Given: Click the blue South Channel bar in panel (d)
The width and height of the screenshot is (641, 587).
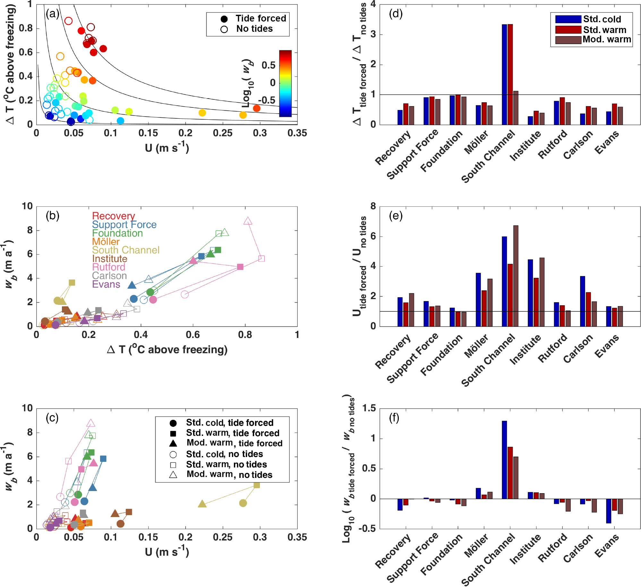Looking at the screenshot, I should click(504, 74).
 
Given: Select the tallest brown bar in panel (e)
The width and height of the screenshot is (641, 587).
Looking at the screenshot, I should click(516, 276).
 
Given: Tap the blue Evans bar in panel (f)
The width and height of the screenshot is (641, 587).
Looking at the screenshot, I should click(609, 511).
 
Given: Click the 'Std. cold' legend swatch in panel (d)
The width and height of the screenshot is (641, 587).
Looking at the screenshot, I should click(568, 19).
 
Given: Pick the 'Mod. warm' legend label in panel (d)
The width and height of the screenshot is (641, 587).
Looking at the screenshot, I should click(607, 39).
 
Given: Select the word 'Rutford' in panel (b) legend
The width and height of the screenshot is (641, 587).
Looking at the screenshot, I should click(108, 267).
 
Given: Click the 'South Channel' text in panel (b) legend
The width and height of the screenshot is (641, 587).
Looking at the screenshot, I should click(125, 250).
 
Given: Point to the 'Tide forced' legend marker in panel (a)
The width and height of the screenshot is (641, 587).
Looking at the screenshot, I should click(224, 19).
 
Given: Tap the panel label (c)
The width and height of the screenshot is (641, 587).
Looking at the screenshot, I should click(52, 418).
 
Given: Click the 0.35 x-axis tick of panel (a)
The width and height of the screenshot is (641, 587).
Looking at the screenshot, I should click(297, 133).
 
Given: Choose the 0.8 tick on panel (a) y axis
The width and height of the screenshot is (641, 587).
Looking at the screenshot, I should click(26, 28).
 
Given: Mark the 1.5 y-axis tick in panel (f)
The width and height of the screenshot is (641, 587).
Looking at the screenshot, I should click(369, 409).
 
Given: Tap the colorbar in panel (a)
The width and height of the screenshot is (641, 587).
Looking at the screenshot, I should click(285, 83).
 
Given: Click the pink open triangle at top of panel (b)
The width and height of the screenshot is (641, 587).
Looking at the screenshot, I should click(248, 221).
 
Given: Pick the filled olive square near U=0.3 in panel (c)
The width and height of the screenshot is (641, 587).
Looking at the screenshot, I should click(257, 485).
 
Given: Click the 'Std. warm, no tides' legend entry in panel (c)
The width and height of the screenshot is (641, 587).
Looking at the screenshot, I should click(226, 464).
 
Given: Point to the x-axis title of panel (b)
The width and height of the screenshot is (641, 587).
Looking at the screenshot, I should click(167, 350).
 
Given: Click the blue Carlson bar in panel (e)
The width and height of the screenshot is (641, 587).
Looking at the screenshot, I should click(583, 301).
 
